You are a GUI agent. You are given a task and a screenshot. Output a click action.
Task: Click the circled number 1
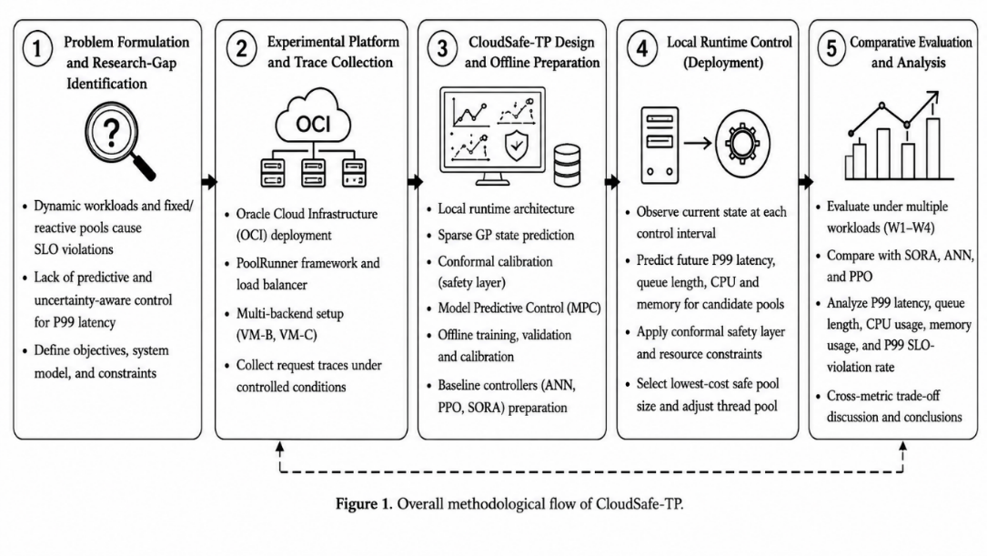pyautogui.click(x=37, y=48)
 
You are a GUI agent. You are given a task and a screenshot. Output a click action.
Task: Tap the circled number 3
pyautogui.click(x=442, y=48)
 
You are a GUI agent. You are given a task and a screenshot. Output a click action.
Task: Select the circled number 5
pyautogui.click(x=831, y=48)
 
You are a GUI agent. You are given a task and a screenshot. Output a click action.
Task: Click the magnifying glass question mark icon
pyautogui.click(x=119, y=141)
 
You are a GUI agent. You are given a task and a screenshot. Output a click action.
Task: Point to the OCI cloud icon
pyautogui.click(x=313, y=117)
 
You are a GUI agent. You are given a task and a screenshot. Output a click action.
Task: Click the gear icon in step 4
pyautogui.click(x=743, y=144)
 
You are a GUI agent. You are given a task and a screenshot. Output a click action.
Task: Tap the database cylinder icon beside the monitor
pyautogui.click(x=567, y=165)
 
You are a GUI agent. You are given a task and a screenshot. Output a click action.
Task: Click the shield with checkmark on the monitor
pyautogui.click(x=517, y=146)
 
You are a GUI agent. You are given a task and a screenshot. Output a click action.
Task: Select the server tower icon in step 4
pyautogui.click(x=660, y=146)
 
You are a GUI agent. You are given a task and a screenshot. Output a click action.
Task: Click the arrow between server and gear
pyautogui.click(x=698, y=144)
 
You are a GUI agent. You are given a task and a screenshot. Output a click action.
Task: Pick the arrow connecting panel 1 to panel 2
pyautogui.click(x=209, y=182)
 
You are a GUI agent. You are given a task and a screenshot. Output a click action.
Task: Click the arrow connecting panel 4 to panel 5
pyautogui.click(x=805, y=182)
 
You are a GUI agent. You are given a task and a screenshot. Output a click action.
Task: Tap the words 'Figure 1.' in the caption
pyautogui.click(x=364, y=504)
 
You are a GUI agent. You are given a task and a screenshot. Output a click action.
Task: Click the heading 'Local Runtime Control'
pyautogui.click(x=730, y=42)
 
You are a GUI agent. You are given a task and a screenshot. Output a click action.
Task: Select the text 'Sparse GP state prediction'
pyautogui.click(x=506, y=235)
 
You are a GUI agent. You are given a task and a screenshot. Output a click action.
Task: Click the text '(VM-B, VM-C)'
pyautogui.click(x=277, y=334)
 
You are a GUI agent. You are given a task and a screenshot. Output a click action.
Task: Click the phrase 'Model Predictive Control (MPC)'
pyautogui.click(x=519, y=308)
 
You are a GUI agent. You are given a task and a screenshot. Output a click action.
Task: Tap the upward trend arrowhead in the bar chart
pyautogui.click(x=932, y=96)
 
